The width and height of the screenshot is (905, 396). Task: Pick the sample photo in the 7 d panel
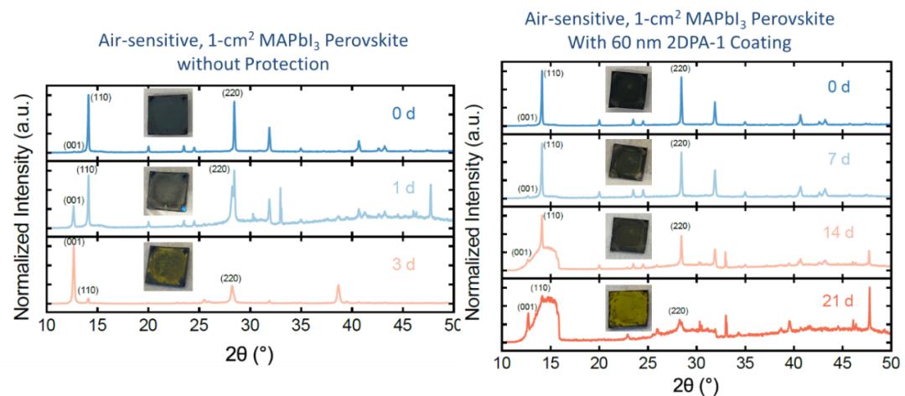pos(628,161)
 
